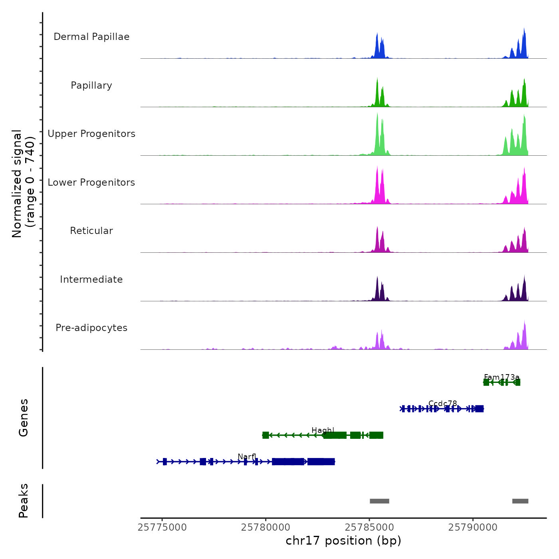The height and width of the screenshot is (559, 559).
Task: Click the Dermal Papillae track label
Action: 91,37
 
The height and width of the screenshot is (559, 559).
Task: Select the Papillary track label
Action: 91,85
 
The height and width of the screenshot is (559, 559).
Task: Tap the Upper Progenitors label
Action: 91,134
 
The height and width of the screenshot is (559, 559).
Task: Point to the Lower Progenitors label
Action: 91,182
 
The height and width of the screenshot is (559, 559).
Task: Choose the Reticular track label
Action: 91,231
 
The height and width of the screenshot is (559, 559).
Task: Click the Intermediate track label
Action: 91,279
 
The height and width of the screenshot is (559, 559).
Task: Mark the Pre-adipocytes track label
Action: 91,328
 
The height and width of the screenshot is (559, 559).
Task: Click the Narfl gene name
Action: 247,457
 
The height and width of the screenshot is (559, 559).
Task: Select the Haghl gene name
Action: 323,430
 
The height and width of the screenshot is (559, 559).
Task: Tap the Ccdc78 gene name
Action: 442,404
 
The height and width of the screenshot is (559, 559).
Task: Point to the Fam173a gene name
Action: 502,377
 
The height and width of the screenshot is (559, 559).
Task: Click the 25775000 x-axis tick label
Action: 162,527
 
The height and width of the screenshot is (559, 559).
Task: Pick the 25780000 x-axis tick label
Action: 266,527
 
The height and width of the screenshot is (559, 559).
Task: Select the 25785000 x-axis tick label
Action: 369,527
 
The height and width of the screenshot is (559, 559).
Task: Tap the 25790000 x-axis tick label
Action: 473,527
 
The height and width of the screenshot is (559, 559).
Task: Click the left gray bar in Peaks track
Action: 379,501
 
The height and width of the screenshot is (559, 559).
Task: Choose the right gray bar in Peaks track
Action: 520,501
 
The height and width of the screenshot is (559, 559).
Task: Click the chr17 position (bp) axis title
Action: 343,541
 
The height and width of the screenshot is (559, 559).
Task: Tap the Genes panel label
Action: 24,418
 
